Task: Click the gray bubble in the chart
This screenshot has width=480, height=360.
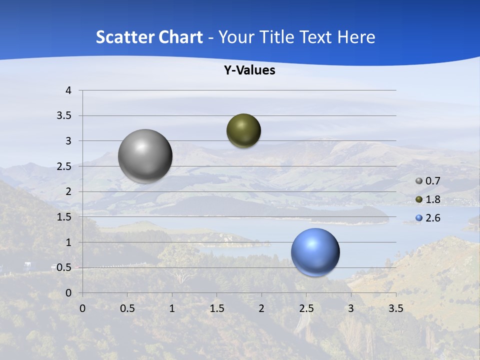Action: (145, 156)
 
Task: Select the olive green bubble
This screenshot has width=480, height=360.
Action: (243, 131)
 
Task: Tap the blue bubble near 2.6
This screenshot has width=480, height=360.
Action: (315, 252)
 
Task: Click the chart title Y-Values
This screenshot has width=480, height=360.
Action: (249, 70)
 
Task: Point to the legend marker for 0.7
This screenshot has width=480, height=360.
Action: (419, 181)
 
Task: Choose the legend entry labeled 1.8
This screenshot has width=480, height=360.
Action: (432, 199)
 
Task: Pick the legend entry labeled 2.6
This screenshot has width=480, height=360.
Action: (432, 218)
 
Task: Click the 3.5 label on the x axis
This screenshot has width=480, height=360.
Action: (396, 308)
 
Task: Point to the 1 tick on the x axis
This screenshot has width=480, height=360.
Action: (172, 308)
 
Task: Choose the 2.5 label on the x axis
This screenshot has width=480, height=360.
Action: (306, 308)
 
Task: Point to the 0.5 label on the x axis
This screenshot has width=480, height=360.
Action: (127, 308)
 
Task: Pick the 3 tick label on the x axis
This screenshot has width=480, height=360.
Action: (351, 308)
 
